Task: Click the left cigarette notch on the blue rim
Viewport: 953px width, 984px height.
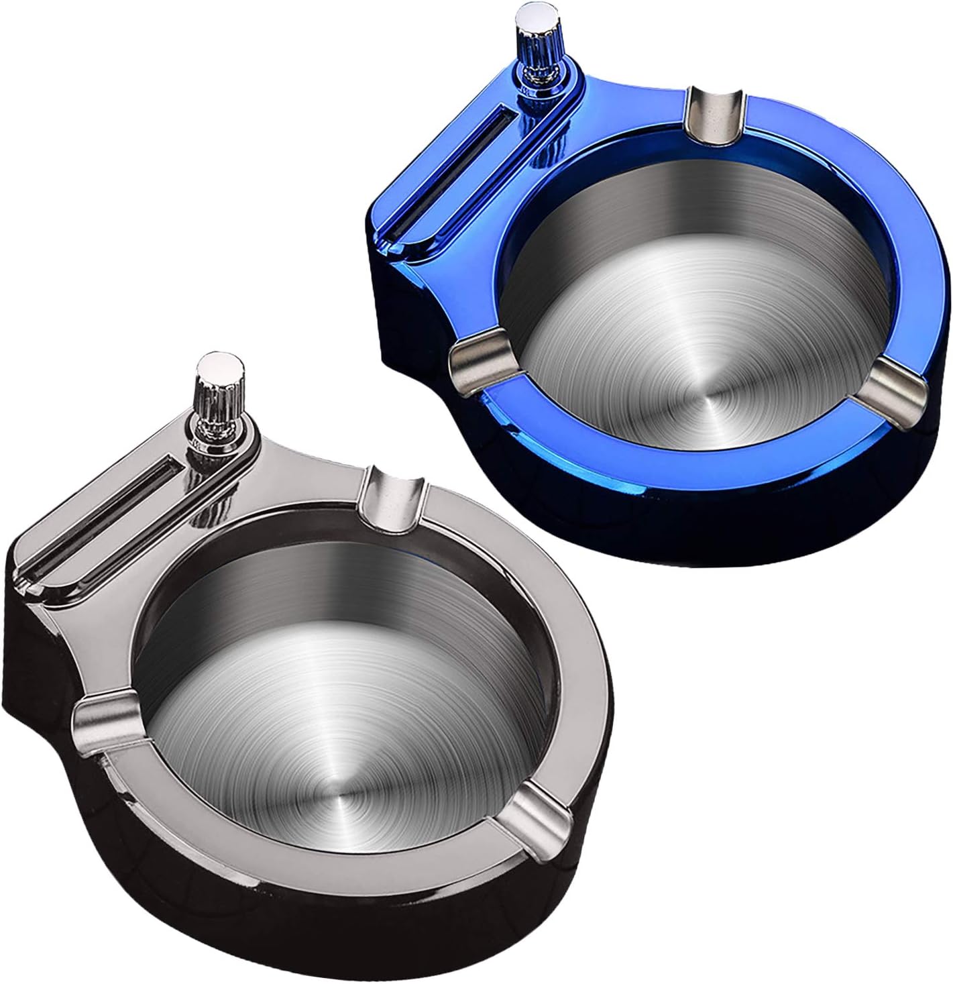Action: [480, 362]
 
